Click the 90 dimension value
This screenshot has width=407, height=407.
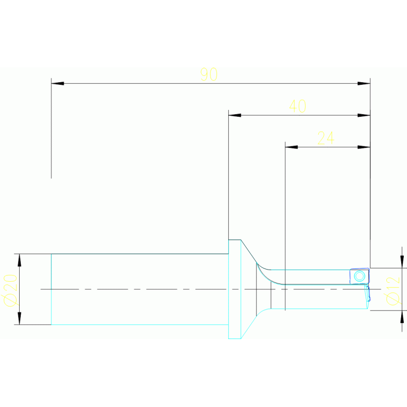[x=209, y=74]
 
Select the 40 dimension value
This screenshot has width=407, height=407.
[x=298, y=106]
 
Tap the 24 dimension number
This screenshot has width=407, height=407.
[x=325, y=138]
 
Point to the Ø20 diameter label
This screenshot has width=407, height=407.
[x=10, y=290]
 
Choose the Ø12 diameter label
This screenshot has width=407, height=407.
[x=392, y=291]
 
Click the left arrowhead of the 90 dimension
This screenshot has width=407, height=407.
[x=57, y=83]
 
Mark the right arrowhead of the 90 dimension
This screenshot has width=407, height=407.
[x=363, y=83]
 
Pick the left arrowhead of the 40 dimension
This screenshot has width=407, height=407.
[x=235, y=115]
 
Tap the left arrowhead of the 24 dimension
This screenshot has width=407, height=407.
[x=291, y=147]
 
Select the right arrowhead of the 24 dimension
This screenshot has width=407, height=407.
[x=363, y=147]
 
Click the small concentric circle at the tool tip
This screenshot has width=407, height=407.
[x=359, y=276]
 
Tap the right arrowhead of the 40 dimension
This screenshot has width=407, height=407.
[x=363, y=115]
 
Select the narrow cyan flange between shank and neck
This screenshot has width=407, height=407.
[x=235, y=289]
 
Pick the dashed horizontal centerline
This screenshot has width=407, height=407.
[x=159, y=289]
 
